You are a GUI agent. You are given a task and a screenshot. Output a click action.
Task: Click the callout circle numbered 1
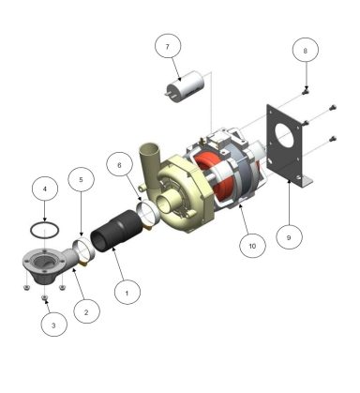(125, 292)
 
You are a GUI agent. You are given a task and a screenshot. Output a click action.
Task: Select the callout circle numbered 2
(86, 310)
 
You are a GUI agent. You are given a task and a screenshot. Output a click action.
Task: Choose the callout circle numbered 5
(81, 178)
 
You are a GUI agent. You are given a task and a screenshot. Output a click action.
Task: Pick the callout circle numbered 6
(119, 163)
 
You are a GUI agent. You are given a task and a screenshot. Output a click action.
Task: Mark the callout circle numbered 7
(167, 46)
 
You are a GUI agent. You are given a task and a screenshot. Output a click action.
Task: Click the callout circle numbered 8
(305, 50)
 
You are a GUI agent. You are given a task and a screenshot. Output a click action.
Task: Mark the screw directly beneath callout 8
(307, 91)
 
